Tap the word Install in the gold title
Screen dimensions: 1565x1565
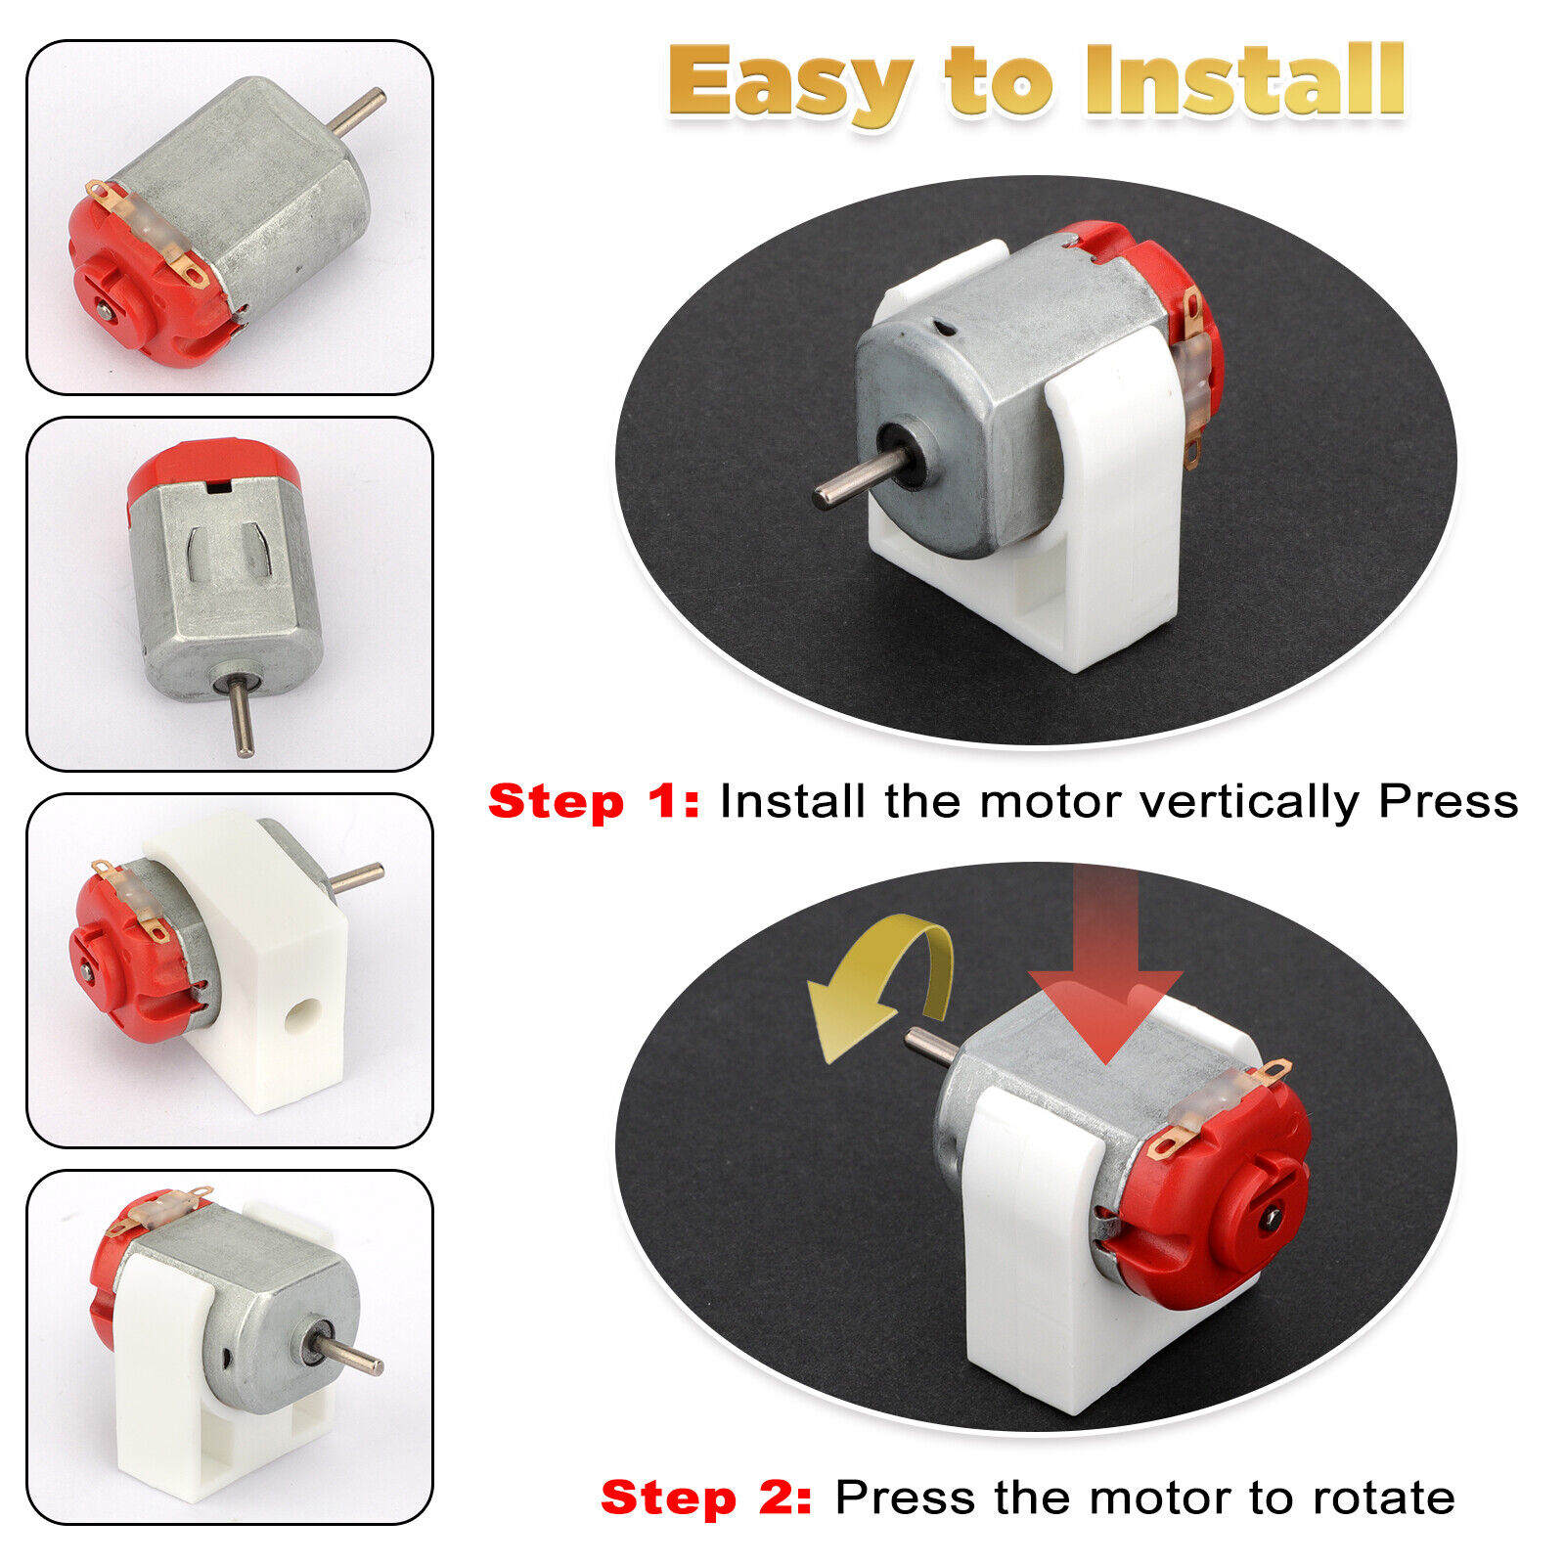(x=1245, y=80)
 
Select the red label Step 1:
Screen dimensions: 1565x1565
(x=594, y=802)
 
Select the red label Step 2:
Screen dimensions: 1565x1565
(x=705, y=1498)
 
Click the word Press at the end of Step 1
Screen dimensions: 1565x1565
(x=1448, y=802)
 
